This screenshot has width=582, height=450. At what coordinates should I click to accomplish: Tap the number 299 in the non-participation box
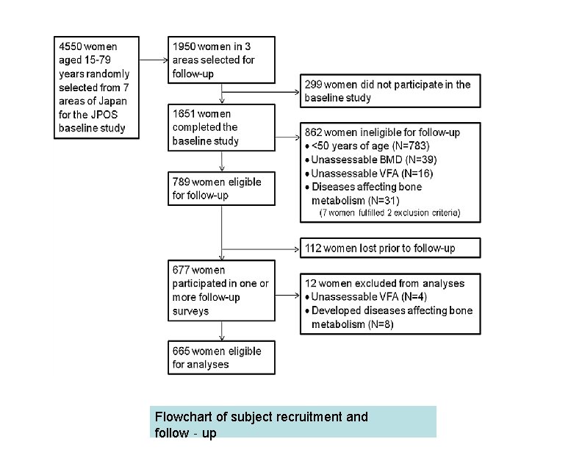click(x=314, y=85)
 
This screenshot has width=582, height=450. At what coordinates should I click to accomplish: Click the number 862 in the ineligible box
click(x=315, y=133)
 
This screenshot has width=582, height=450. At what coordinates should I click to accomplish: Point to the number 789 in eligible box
click(x=182, y=182)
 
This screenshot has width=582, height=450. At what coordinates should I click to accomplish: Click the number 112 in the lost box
click(x=314, y=249)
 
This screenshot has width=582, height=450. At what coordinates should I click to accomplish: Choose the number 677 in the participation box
click(x=182, y=271)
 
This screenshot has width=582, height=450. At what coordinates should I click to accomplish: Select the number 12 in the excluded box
click(x=311, y=284)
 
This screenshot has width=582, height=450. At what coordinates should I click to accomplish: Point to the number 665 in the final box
click(x=182, y=351)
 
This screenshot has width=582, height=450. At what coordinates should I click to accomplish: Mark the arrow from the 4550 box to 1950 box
click(x=152, y=60)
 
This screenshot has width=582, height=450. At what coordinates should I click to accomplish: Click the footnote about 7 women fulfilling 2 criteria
click(x=389, y=213)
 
